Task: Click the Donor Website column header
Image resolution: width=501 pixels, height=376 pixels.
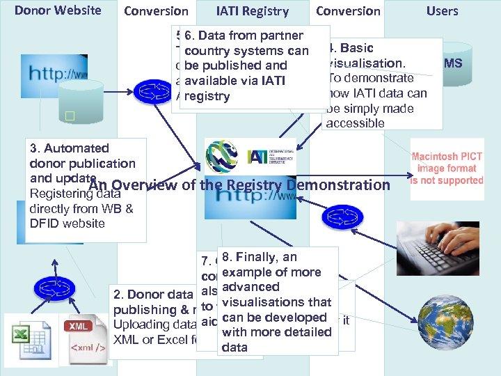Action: point(58,10)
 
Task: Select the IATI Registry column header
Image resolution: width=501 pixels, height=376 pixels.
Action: point(252,11)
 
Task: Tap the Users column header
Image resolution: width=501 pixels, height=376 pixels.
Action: point(442,11)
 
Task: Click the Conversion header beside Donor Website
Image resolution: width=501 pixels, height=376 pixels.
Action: point(156,11)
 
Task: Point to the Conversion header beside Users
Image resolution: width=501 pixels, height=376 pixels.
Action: point(348,11)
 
